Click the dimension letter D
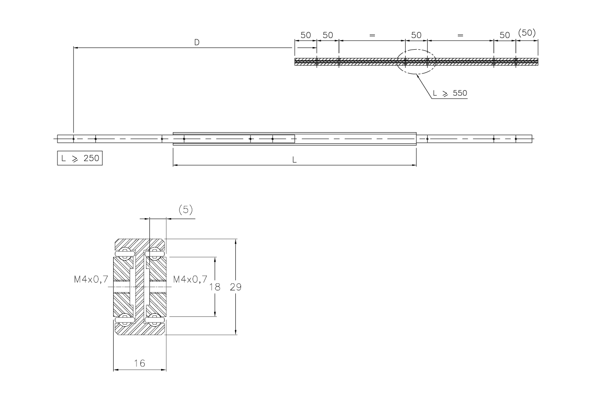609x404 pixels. [x=197, y=42]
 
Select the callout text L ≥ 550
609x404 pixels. [x=450, y=93]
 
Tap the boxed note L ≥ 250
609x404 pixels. [x=80, y=158]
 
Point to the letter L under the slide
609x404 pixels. [x=295, y=159]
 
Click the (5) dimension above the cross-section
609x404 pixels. [x=185, y=210]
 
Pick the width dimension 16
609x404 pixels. [x=139, y=363]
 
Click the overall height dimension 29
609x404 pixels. [x=236, y=286]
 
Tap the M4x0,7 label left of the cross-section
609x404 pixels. [x=90, y=280]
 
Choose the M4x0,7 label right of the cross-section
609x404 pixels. [x=190, y=280]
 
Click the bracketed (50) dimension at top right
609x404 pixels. [x=527, y=33]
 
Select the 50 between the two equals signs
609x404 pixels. [x=416, y=35]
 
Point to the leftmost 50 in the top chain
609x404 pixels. [x=305, y=35]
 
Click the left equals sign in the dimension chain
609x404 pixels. [x=372, y=35]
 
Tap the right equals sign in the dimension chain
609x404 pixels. [x=460, y=35]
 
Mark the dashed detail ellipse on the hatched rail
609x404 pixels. [x=416, y=62]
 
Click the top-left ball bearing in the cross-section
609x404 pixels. [x=125, y=253]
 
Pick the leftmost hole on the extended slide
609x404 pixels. [x=73, y=139]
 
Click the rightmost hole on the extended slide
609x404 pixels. [x=516, y=139]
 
